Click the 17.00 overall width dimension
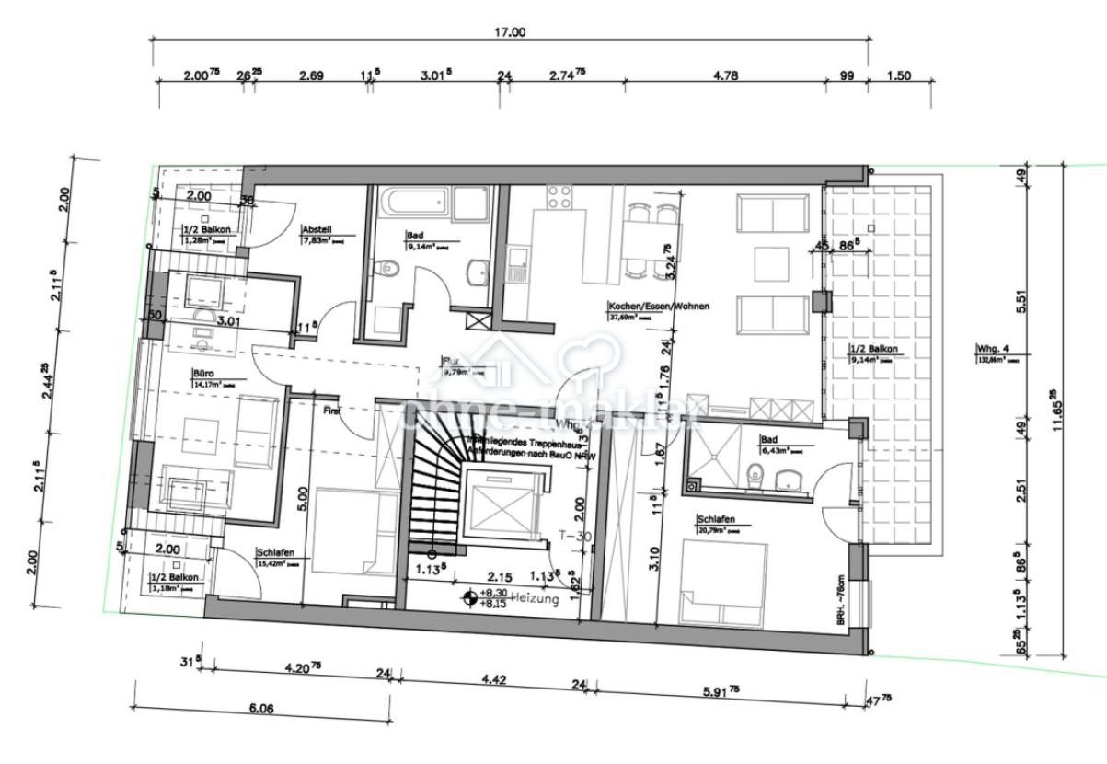coord(511,32)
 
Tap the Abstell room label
coord(317,231)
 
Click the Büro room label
coord(202,375)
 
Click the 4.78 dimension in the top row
coord(726,75)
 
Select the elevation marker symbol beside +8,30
coord(471,598)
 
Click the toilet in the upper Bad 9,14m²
coord(389,269)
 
